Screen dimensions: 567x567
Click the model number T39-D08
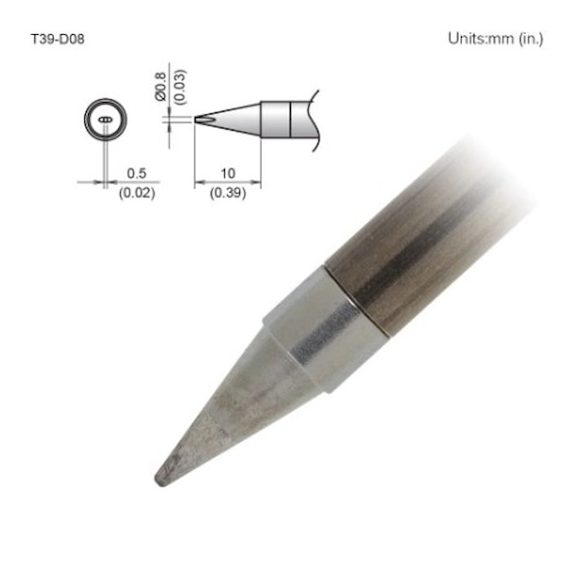click(58, 39)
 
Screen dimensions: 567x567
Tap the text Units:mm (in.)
click(495, 39)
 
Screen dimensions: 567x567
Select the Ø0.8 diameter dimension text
click(161, 86)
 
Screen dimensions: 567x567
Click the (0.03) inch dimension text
click(180, 87)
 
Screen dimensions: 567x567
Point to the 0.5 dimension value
click(137, 174)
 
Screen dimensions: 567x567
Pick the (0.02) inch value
click(137, 193)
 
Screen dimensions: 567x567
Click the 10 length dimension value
click(228, 174)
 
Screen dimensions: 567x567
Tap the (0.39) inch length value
click(228, 193)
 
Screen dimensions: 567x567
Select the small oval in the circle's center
click(105, 119)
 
